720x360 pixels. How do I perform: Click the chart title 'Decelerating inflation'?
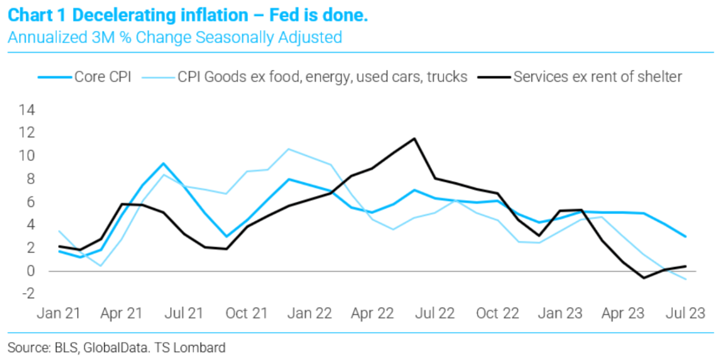160,15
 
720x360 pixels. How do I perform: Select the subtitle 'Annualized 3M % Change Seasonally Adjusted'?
175,37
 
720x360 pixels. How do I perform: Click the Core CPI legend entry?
85,77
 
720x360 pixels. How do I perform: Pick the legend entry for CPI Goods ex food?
305,77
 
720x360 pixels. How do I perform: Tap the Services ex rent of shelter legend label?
580,77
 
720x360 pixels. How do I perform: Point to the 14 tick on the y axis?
27,110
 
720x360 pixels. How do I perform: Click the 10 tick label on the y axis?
27,156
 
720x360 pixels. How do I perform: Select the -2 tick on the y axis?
28,293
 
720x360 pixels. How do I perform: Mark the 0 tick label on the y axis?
30,271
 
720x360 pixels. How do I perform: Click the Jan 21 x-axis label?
59,313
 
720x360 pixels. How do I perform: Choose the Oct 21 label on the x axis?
247,313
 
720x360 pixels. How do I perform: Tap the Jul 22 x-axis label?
435,313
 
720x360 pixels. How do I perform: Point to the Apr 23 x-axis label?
623,313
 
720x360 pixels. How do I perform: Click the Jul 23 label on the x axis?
686,313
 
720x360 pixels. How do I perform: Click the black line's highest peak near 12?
414,139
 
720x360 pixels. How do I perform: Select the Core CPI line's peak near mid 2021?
164,164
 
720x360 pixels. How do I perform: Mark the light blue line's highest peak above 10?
289,149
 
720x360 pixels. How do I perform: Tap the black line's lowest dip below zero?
644,278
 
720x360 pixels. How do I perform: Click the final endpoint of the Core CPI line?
686,237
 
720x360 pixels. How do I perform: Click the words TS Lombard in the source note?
190,348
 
